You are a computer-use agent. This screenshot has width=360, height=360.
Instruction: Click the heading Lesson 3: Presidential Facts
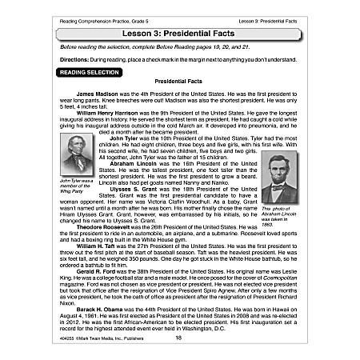tap(178, 34)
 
